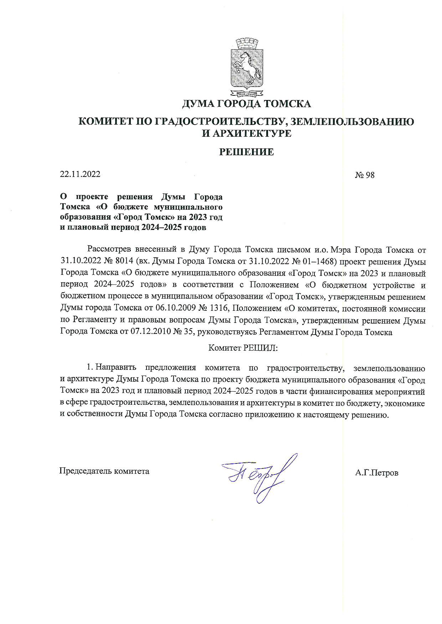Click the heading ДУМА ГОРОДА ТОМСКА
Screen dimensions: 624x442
246,104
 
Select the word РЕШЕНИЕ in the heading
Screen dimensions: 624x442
246,152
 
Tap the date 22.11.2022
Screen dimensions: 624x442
80,174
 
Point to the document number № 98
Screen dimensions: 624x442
365,175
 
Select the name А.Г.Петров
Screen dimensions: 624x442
377,473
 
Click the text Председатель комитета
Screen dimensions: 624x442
104,471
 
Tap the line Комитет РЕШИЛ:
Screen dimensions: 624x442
243,347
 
